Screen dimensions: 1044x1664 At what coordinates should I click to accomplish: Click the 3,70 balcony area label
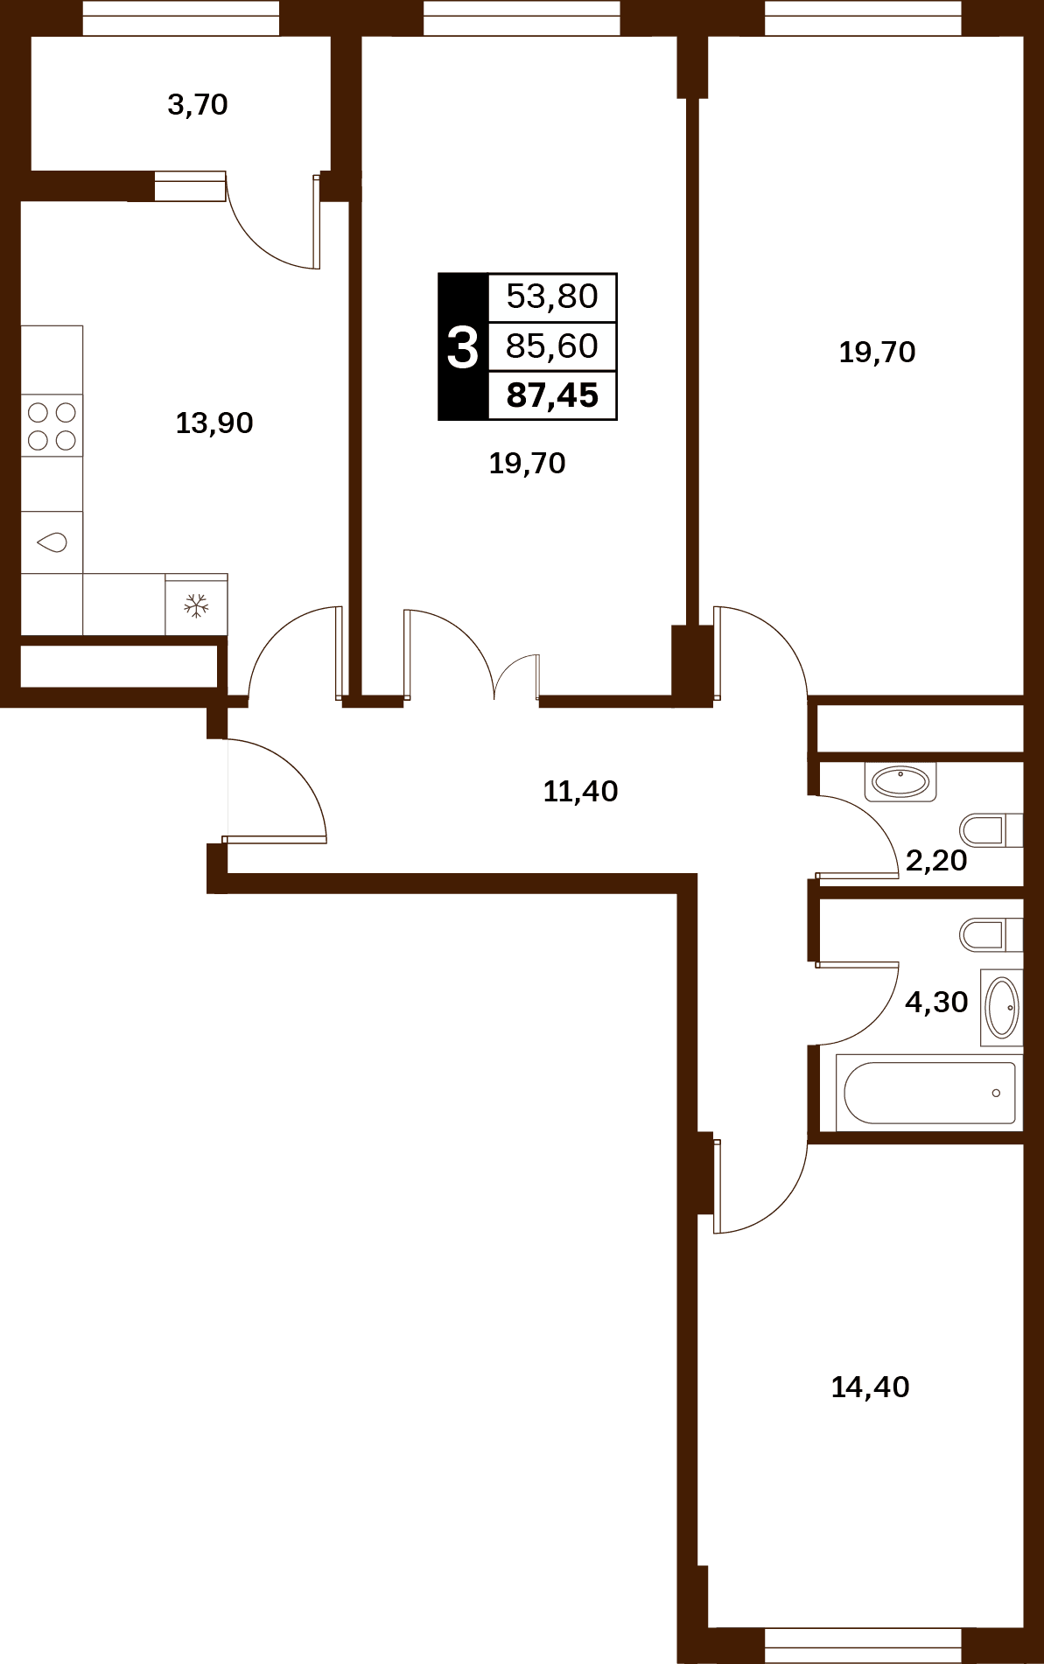tap(198, 105)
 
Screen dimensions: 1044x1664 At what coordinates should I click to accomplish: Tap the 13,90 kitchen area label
tap(214, 423)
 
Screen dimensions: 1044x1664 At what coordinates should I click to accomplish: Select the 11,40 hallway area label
tap(580, 792)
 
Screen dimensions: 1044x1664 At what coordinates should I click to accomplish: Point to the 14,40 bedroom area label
tap(870, 1388)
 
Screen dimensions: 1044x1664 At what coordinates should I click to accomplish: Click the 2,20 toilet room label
tap(936, 861)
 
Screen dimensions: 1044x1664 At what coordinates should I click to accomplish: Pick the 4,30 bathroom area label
tap(936, 1003)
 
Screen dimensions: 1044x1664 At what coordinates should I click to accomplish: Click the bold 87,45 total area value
tap(552, 395)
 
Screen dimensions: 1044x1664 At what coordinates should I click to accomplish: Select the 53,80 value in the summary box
tap(552, 297)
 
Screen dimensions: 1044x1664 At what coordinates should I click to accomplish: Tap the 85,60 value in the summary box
tap(552, 346)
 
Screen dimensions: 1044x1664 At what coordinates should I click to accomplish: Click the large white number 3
tap(463, 347)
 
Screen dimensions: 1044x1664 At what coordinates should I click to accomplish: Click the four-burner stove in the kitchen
tap(52, 426)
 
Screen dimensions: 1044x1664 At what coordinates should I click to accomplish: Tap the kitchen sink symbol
tap(52, 542)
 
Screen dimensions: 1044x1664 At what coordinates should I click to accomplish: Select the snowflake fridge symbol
tap(196, 605)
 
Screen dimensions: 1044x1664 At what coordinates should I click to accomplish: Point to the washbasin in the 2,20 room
tap(900, 781)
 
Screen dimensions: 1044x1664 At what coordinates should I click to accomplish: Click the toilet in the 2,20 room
tap(991, 829)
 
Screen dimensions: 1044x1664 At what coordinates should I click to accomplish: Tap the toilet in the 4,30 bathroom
tap(991, 934)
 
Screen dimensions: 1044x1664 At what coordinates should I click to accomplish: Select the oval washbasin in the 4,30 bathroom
tap(1002, 1008)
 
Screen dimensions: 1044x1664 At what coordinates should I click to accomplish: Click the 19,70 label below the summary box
tap(527, 464)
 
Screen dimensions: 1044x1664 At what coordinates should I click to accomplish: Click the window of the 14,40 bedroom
tap(863, 1645)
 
